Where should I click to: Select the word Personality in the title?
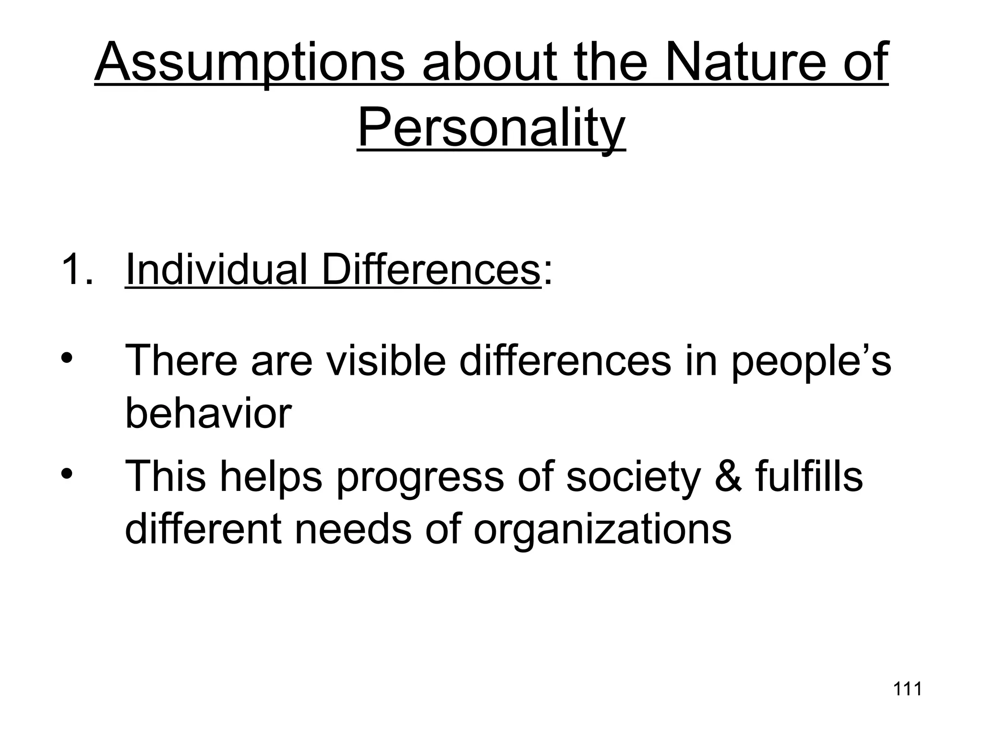tap(491, 129)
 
